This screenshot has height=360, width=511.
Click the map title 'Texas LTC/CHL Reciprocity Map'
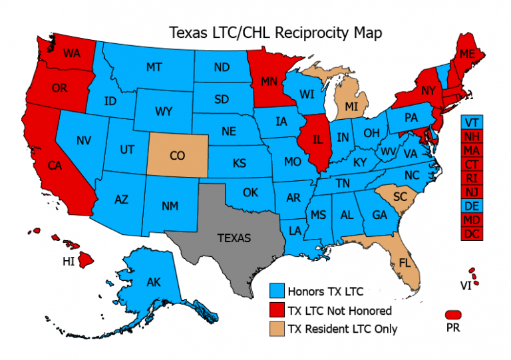point(273,32)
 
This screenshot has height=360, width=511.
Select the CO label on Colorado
point(177,156)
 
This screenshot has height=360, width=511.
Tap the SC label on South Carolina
point(399,198)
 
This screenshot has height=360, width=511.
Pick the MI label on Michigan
point(352,106)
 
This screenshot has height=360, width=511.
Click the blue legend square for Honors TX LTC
point(277,291)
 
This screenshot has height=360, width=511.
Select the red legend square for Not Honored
point(277,309)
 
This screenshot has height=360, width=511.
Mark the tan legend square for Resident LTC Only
point(277,328)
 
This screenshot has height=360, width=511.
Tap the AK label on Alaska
point(154,282)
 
